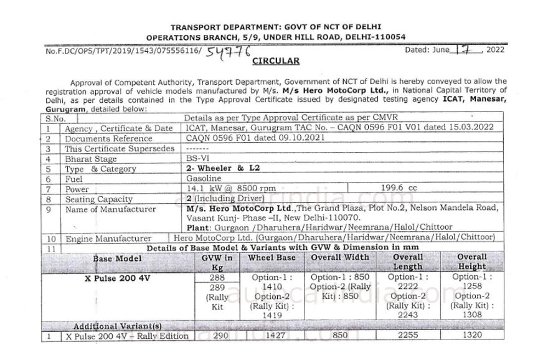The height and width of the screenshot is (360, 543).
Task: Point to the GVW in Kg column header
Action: click(x=217, y=262)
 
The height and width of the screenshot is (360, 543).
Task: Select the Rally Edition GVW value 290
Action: click(x=217, y=336)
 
